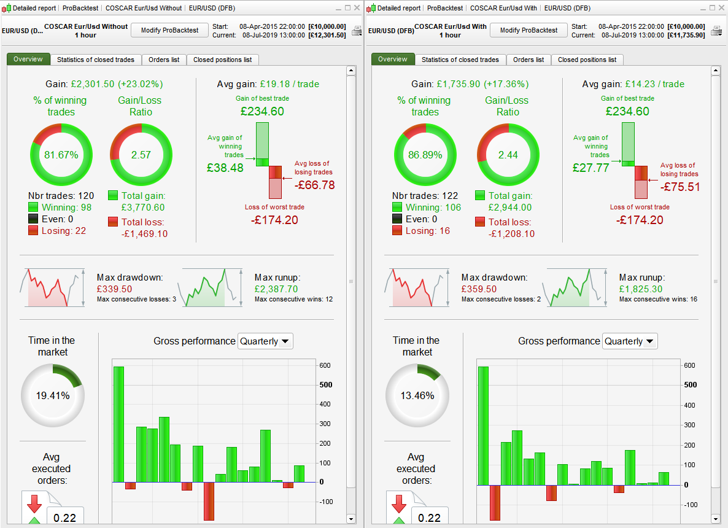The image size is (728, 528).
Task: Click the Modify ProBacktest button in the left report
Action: point(170,30)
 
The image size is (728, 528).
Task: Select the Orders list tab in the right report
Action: point(528,60)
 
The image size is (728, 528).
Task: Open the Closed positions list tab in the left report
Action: point(222,60)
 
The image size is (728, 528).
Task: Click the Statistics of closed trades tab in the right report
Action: point(460,60)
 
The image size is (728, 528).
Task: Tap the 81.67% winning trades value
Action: point(61,155)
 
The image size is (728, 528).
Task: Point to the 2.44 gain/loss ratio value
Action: point(508,155)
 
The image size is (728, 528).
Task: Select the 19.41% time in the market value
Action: point(52,396)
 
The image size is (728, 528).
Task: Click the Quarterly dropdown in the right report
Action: point(630,341)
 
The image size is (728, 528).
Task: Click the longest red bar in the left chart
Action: point(209,501)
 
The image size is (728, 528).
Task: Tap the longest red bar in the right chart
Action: point(495,503)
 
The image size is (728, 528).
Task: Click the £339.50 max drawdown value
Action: point(114,289)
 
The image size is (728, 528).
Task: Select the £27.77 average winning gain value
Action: point(591,167)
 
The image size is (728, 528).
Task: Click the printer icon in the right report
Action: point(716,31)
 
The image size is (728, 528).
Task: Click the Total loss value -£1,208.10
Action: point(511,234)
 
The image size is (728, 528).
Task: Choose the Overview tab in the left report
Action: point(28,59)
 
